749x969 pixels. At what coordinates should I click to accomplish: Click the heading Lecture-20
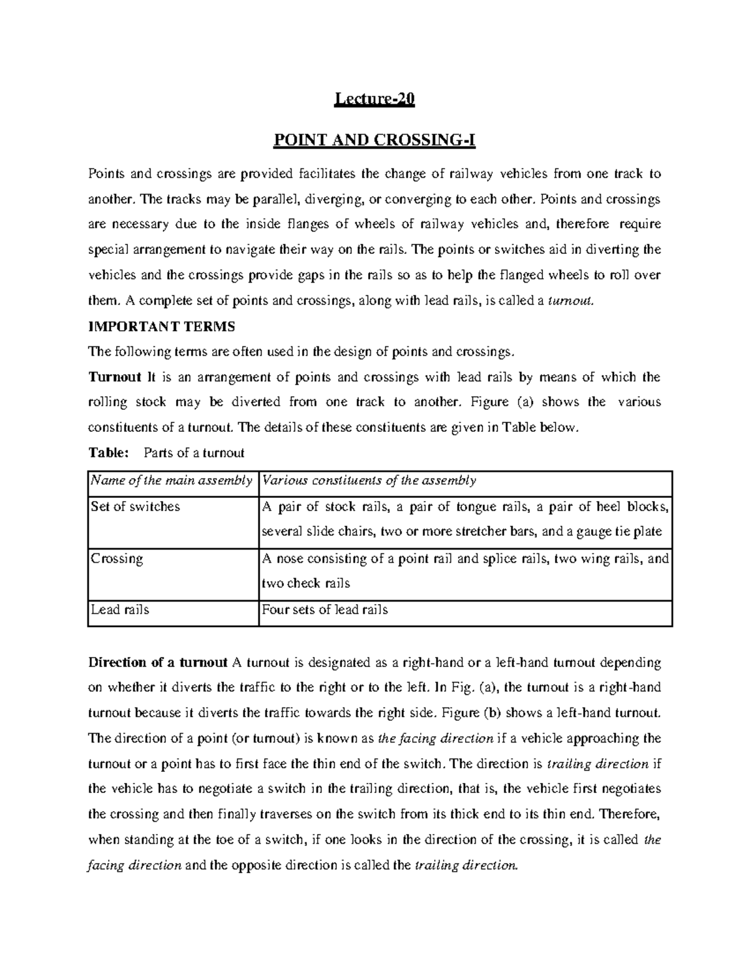(374, 100)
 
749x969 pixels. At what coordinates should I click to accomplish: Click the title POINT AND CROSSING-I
(374, 141)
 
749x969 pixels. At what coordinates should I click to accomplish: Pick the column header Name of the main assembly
(172, 480)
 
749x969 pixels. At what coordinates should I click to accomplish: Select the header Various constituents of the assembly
(369, 480)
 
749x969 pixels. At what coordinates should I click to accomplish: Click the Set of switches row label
(135, 507)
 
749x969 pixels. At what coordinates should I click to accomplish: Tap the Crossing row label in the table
(117, 558)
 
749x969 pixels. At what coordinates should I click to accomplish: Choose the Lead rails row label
(120, 610)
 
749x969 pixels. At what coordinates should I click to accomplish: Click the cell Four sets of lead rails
(325, 610)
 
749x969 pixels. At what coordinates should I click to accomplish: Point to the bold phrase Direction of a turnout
(159, 662)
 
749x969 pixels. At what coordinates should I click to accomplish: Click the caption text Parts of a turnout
(194, 453)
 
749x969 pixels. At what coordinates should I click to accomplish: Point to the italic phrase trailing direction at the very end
(466, 865)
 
